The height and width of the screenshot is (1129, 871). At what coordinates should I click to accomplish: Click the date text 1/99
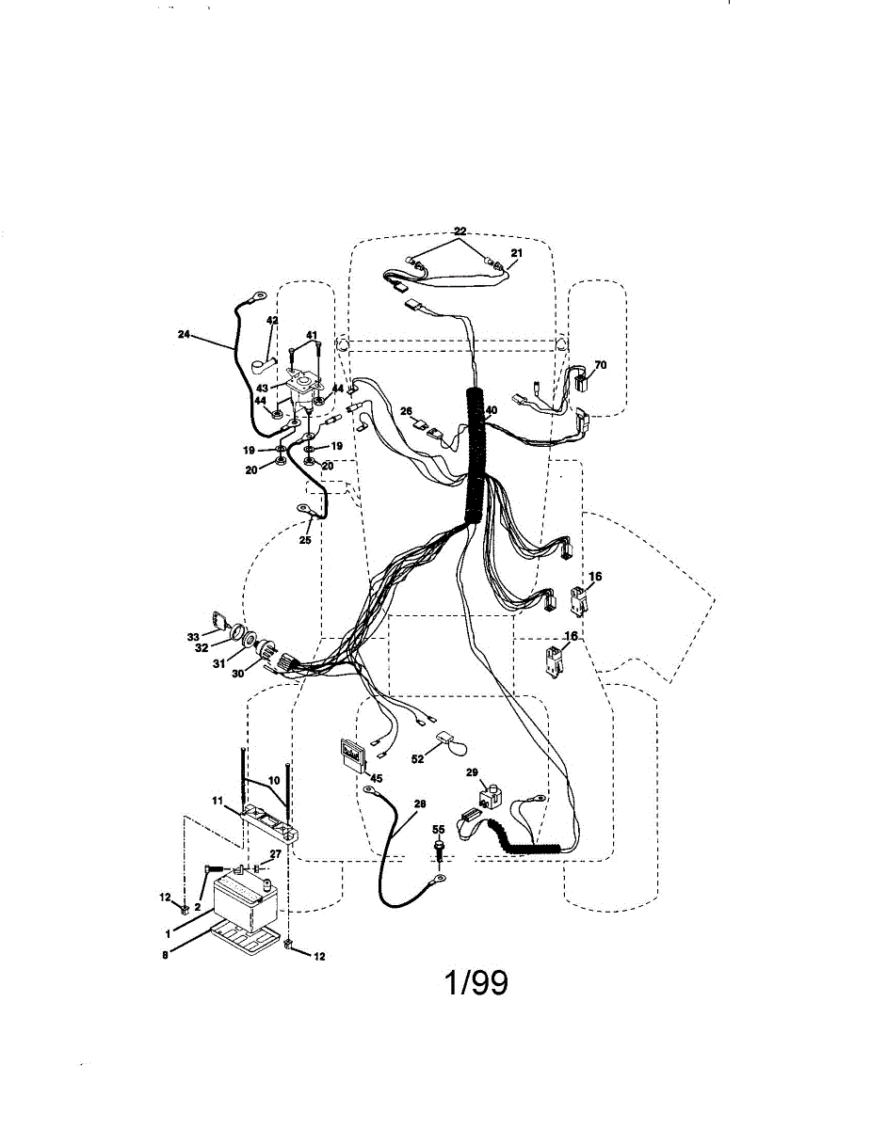click(476, 983)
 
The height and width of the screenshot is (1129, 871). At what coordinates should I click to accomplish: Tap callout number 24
click(184, 332)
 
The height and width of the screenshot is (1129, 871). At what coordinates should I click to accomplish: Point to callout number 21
click(516, 253)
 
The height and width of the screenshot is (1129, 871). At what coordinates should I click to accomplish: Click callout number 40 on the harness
click(491, 410)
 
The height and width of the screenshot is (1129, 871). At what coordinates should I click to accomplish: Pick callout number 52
click(417, 758)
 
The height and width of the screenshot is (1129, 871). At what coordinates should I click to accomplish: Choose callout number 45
click(376, 777)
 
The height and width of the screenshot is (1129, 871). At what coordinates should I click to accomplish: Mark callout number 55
click(438, 830)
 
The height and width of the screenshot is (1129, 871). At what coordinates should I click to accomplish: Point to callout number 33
click(193, 637)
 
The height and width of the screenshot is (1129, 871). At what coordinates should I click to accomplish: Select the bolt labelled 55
click(439, 849)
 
